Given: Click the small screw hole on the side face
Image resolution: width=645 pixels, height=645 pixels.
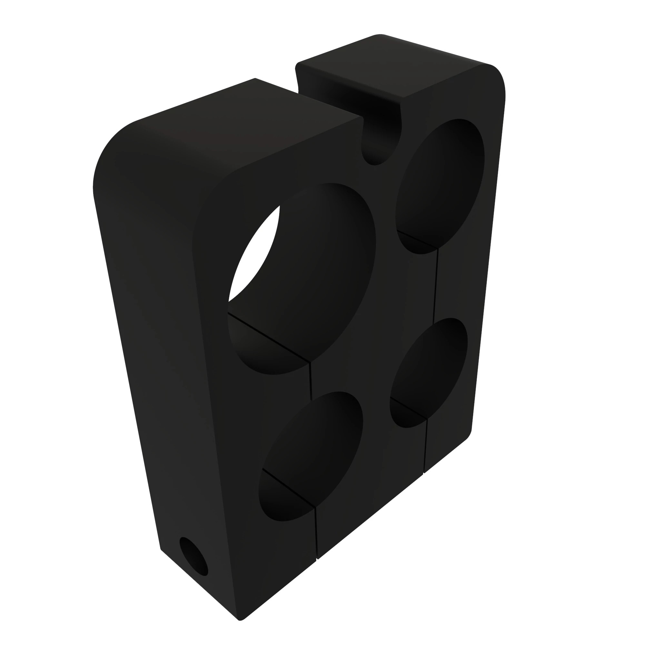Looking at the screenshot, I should click(x=193, y=556).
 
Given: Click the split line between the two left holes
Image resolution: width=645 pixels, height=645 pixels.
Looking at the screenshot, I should click(x=311, y=381).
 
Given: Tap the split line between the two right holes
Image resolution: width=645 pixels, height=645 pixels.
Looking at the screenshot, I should click(x=435, y=287).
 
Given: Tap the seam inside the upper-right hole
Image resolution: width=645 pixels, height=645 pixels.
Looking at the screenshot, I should click(x=417, y=239).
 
